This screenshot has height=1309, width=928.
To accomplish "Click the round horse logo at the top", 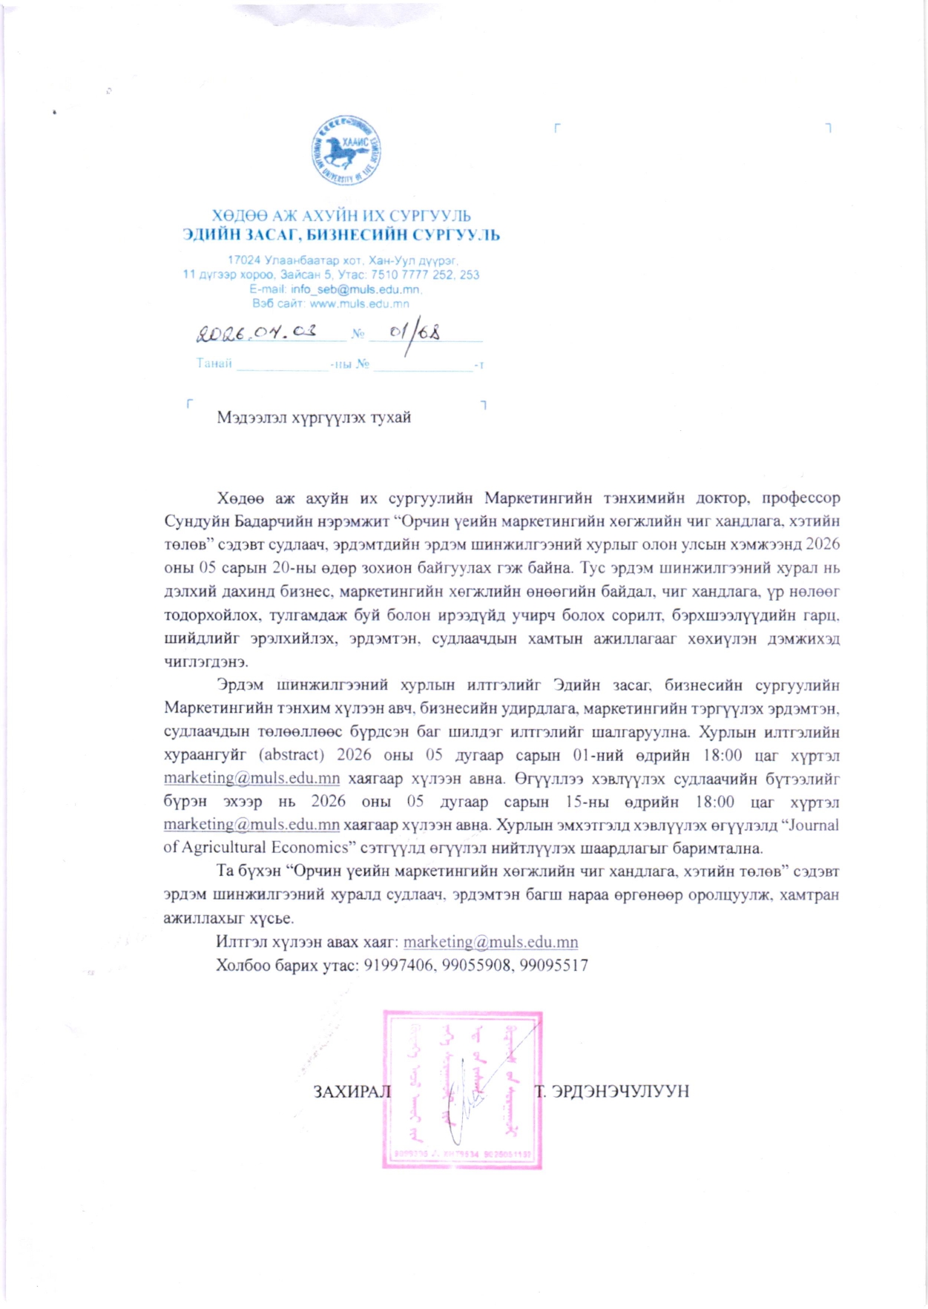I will (346, 151).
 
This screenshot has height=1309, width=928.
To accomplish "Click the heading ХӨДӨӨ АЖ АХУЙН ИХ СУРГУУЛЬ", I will (341, 216).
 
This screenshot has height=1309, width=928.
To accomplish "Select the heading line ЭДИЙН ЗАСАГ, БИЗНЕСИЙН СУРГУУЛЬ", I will (341, 235).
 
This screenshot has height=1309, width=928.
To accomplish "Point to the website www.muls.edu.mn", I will (359, 303).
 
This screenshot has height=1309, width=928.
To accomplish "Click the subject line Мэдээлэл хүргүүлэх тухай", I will (314, 418).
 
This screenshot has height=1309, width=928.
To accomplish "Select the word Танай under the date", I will (214, 363).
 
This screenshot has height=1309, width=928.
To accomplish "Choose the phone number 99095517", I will (553, 965).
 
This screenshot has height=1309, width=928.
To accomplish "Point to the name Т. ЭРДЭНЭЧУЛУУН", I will (612, 1091).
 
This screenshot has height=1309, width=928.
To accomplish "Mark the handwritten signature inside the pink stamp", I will (464, 1098).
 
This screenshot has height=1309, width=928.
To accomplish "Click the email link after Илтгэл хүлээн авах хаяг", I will (490, 942).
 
